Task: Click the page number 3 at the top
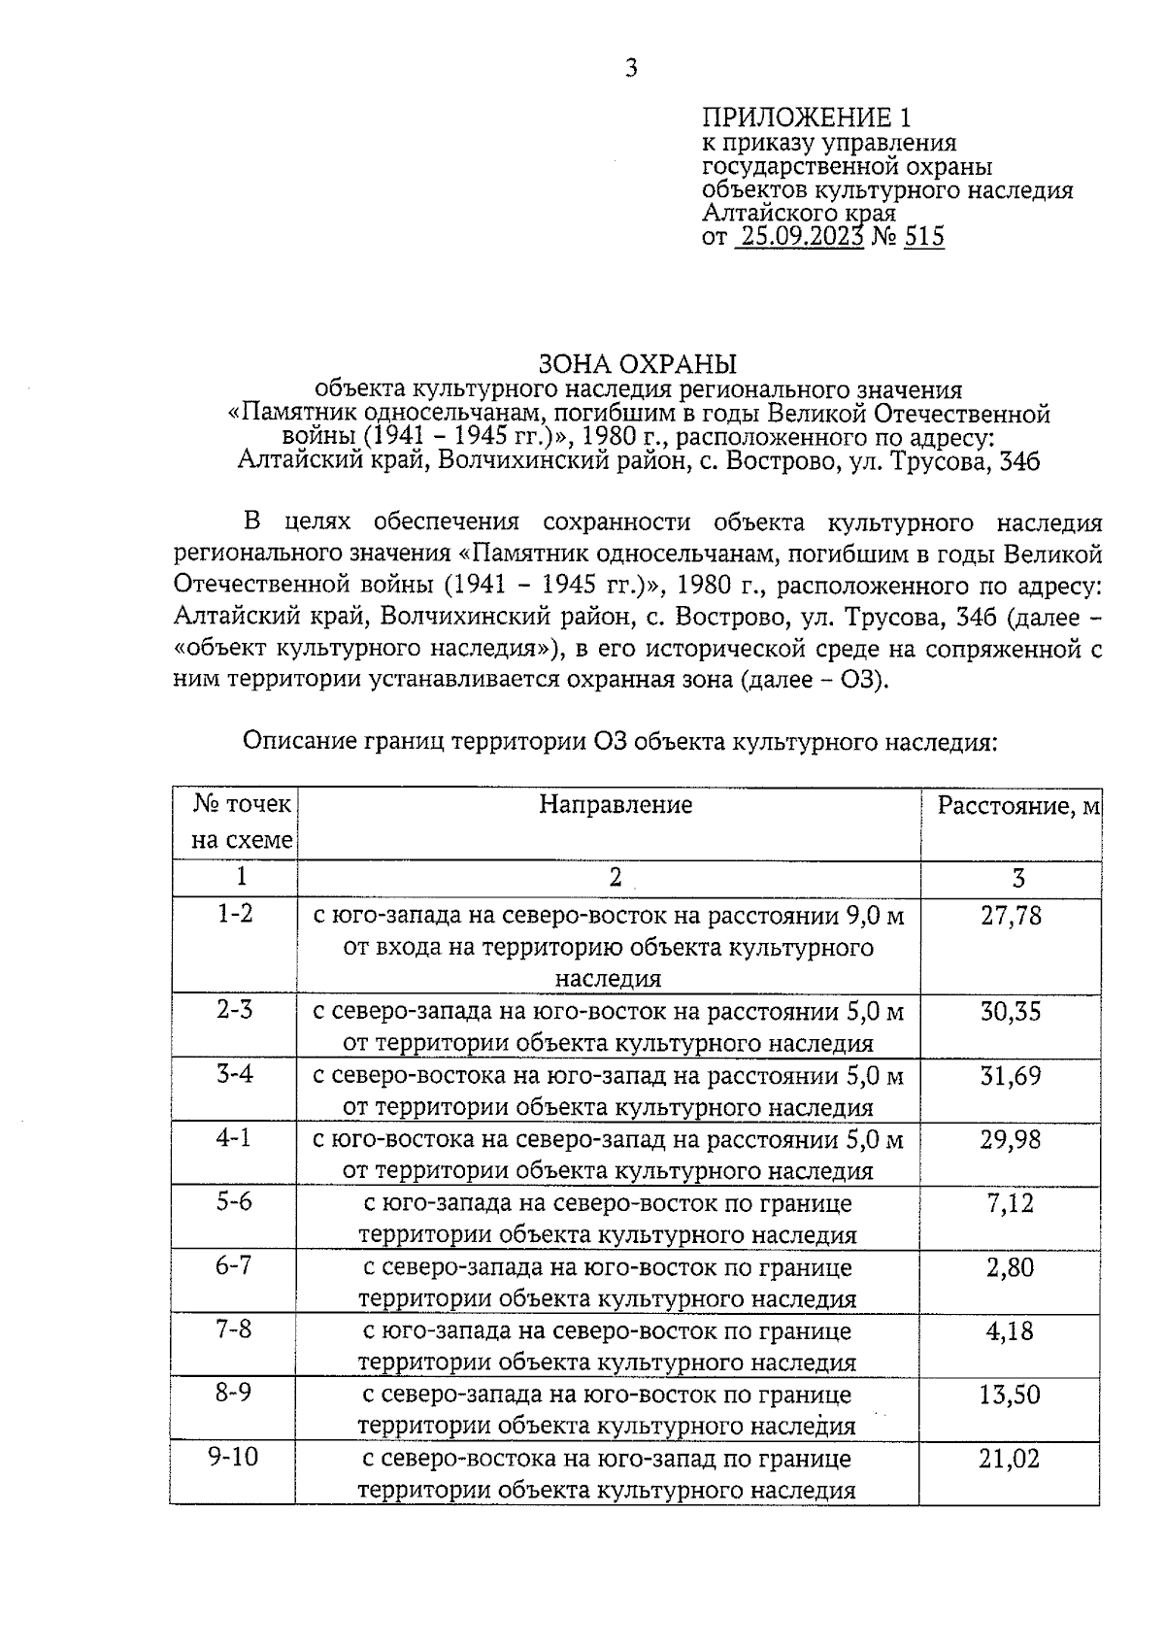point(631,68)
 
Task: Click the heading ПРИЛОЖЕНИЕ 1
point(807,118)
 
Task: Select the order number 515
point(923,237)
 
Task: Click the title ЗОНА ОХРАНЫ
point(638,364)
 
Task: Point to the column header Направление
point(616,805)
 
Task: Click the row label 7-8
point(234,1329)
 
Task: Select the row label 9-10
point(234,1458)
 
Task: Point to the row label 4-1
point(234,1138)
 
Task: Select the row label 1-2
point(234,914)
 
